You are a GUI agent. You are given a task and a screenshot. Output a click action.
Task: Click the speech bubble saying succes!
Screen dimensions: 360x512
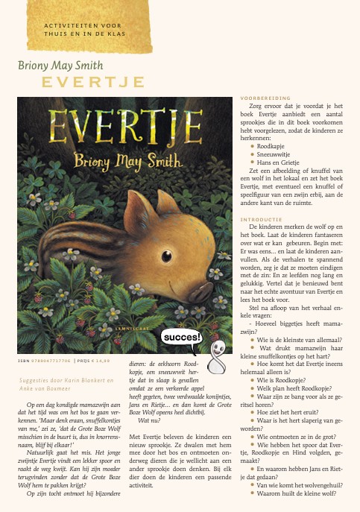coord(182,338)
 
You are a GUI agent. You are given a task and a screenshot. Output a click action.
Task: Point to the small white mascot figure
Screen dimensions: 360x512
coord(217,357)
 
